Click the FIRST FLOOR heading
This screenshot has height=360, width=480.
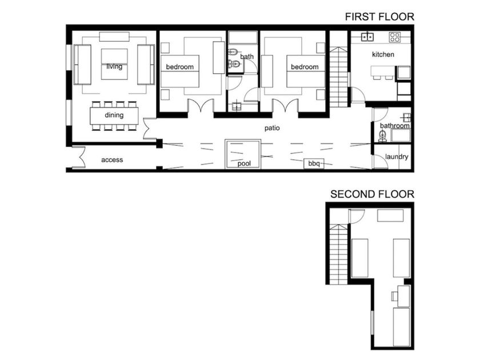pos(379,17)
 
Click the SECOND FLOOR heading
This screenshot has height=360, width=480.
pos(372,194)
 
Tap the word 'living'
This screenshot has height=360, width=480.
pos(114,66)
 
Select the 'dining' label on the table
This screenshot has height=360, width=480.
pos(114,115)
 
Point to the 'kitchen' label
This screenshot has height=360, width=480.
pos(383,54)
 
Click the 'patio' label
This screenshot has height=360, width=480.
pos(272,128)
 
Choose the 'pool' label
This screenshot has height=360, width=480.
pos(245,163)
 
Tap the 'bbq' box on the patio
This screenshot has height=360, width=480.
pos(314,163)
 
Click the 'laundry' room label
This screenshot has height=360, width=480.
pos(397,157)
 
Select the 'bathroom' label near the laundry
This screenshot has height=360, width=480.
pos(395,126)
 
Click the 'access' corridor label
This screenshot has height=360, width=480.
pos(112,160)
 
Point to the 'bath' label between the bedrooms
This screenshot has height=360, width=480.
pos(247,57)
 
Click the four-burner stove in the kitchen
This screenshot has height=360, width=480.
pos(395,37)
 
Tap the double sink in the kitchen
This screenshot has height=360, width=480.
pos(367,37)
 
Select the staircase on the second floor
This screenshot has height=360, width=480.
pos(338,254)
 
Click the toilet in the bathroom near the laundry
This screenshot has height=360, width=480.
pos(382,136)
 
